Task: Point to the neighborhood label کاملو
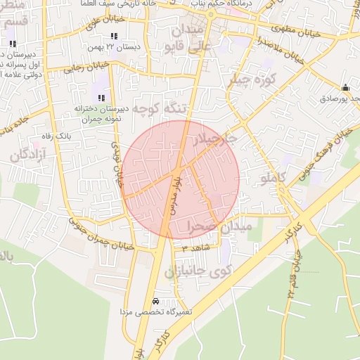pos(273,178)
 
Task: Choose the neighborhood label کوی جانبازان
pos(199,271)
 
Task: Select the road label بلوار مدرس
pos(172,194)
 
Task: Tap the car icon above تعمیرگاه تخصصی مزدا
pos(155,300)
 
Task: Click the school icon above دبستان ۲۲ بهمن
pos(113,34)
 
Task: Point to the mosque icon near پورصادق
pos(345,88)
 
